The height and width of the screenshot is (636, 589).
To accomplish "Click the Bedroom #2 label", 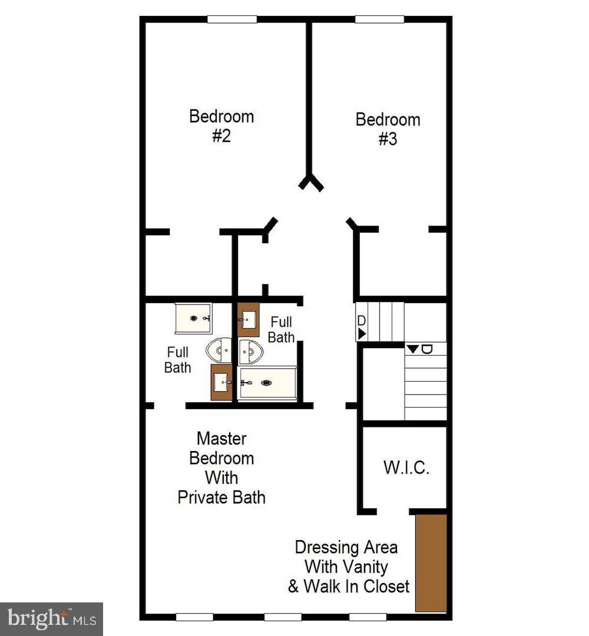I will pos(221,126).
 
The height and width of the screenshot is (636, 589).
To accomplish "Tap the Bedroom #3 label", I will pos(388,130).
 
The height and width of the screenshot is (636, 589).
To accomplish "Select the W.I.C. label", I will pos(406,468).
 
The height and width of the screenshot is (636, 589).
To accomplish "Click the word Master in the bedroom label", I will pos(221,439).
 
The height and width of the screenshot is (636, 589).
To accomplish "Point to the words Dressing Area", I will pos(346,547).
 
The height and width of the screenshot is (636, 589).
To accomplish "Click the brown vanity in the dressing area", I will pos(431,563).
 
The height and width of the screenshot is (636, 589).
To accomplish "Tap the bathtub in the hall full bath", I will pos(267,383).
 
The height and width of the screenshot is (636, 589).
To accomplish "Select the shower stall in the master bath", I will pos(194,318).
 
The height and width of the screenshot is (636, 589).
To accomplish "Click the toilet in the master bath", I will pos(219,350).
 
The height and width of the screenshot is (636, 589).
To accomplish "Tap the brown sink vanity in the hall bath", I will pos(248,320).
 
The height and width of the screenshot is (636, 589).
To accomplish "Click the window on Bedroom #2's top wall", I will pos(231,19).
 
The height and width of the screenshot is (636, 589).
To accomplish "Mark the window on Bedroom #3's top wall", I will pos(379,19).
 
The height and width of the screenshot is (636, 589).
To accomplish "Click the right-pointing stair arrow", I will pos(362,334).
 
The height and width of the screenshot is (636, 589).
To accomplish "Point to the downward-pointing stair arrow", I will pos(413,349).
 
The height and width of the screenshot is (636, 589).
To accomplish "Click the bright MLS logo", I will pos(51,619).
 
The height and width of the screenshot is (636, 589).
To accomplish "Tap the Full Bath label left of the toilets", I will pos(177,360).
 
